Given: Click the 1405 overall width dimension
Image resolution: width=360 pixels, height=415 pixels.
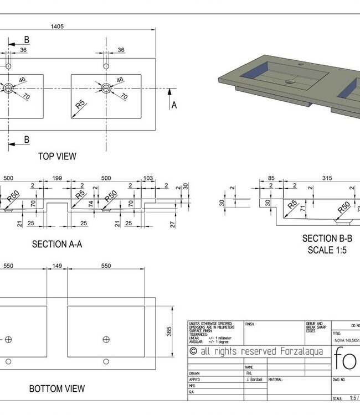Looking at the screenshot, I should coord(57,26).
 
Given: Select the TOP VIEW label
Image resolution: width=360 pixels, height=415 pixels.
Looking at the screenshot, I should coord(57,156).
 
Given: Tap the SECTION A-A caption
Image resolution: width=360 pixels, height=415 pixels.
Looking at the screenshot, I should coord(57,244).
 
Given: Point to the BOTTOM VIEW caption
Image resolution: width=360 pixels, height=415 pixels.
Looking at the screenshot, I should coord(57,388).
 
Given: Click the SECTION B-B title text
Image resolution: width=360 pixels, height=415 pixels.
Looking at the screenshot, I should coord(327,238).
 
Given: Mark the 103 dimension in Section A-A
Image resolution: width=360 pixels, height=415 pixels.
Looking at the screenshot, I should coord(148,178).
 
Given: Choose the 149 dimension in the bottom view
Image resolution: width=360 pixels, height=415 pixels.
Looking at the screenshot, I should coord(57,266).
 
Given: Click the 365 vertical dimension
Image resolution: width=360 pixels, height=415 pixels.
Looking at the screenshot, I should coord(169,331).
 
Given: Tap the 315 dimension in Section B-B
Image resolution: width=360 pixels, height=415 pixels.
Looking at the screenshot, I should coord(327,178).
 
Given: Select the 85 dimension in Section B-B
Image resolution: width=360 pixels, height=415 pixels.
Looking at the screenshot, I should coord(271,178).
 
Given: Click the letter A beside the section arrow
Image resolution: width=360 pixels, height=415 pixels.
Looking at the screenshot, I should coord(174,105).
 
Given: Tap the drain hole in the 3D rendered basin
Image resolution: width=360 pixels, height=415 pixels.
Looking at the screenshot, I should coord(288,81).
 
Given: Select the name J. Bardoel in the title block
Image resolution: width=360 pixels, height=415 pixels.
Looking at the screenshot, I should coord(255,380).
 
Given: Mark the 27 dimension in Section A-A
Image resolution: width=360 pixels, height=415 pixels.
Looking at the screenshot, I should coord(173,224).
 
